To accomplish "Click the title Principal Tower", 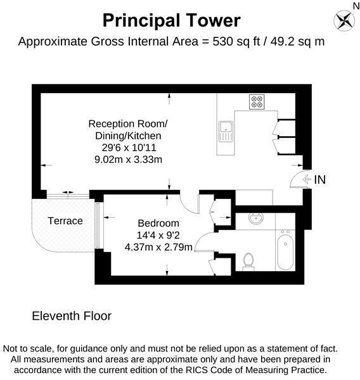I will click(x=171, y=20).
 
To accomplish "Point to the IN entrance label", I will click(x=320, y=180).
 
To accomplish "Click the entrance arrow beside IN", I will click(x=308, y=180).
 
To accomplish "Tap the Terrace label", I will click(x=65, y=221).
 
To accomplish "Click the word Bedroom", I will click(x=158, y=223).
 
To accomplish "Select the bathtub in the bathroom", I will click(x=285, y=251).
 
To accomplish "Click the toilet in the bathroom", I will click(x=249, y=260).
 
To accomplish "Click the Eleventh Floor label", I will click(x=71, y=315).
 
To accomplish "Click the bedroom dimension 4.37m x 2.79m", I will click(x=158, y=246).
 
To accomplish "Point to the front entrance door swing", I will click(x=297, y=180).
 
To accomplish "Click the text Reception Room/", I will click(x=128, y=123).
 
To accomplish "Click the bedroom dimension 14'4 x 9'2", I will click(x=158, y=235).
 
